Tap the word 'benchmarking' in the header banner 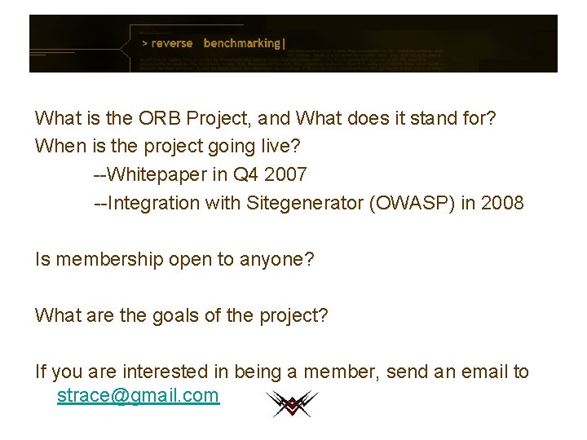tap(242, 43)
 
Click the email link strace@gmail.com tap(138, 396)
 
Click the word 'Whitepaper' tap(161, 174)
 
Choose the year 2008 tap(503, 203)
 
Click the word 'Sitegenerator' tap(306, 203)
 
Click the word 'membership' tap(102, 260)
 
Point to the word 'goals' tap(176, 315)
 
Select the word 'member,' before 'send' tap(341, 372)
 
